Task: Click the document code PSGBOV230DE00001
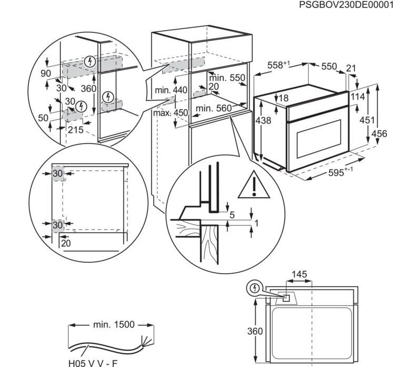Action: pyautogui.click(x=346, y=5)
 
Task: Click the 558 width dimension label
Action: pyautogui.click(x=279, y=65)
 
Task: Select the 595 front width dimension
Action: pyautogui.click(x=340, y=172)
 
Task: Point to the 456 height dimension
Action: pyautogui.click(x=379, y=133)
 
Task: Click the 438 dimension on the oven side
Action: pyautogui.click(x=263, y=121)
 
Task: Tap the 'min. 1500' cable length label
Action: pyautogui.click(x=114, y=325)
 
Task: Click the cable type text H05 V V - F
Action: pyautogui.click(x=93, y=363)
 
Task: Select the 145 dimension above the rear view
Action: pyautogui.click(x=299, y=274)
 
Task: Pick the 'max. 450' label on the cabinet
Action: pyautogui.click(x=170, y=113)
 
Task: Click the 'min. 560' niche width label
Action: pyautogui.click(x=214, y=108)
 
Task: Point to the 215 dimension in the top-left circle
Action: pyautogui.click(x=76, y=129)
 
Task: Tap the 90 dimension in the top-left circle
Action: pyautogui.click(x=46, y=73)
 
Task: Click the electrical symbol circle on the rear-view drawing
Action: pyautogui.click(x=255, y=288)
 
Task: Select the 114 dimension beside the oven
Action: pyautogui.click(x=358, y=96)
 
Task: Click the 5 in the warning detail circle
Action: pyautogui.click(x=232, y=215)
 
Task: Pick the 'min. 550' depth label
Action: pyautogui.click(x=227, y=78)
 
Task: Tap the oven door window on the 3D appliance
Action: pyautogui.click(x=319, y=139)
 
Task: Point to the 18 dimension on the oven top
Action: pyautogui.click(x=283, y=98)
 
